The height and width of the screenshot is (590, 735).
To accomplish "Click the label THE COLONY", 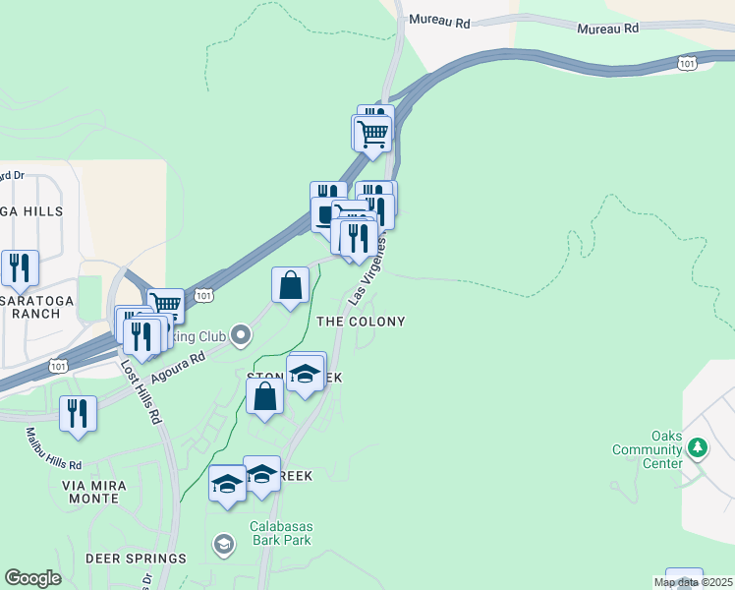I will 360,322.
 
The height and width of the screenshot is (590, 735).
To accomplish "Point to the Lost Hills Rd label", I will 140,390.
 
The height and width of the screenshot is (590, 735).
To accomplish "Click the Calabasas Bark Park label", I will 283,533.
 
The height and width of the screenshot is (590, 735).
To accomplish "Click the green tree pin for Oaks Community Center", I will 698,448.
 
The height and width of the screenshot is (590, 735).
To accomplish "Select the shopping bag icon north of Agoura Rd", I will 291,285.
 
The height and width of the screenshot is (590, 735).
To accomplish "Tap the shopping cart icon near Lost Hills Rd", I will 166,305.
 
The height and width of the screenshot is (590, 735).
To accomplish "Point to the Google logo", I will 33,578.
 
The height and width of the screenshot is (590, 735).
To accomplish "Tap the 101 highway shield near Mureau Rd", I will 687,63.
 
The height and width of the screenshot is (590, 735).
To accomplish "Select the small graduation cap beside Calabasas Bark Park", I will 224,543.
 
